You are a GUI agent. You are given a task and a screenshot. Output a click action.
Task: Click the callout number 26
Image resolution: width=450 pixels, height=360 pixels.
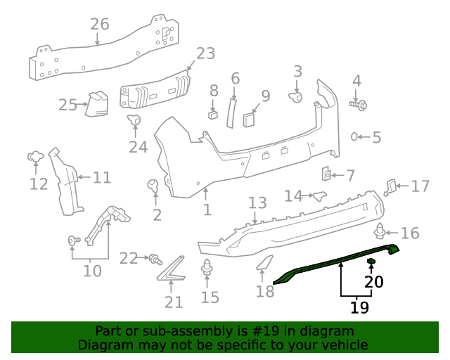coord(100,24)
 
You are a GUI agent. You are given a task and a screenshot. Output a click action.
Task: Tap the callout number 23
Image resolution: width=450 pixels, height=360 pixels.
coord(205,53)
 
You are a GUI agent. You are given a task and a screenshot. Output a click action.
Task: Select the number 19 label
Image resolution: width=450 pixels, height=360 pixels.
coord(359,307)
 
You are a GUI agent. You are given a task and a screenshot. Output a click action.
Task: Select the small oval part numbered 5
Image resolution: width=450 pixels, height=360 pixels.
coord(355,136)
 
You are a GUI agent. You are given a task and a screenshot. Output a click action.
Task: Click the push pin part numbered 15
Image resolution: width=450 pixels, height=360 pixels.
coord(208,268)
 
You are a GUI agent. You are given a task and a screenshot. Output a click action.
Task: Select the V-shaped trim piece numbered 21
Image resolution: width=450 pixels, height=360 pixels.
coord(171,269)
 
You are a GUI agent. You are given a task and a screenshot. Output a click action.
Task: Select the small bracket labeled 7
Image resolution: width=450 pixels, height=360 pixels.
coord(327,174)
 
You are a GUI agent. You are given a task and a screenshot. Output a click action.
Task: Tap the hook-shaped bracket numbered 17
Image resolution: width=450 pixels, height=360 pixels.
coord(391,186)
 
